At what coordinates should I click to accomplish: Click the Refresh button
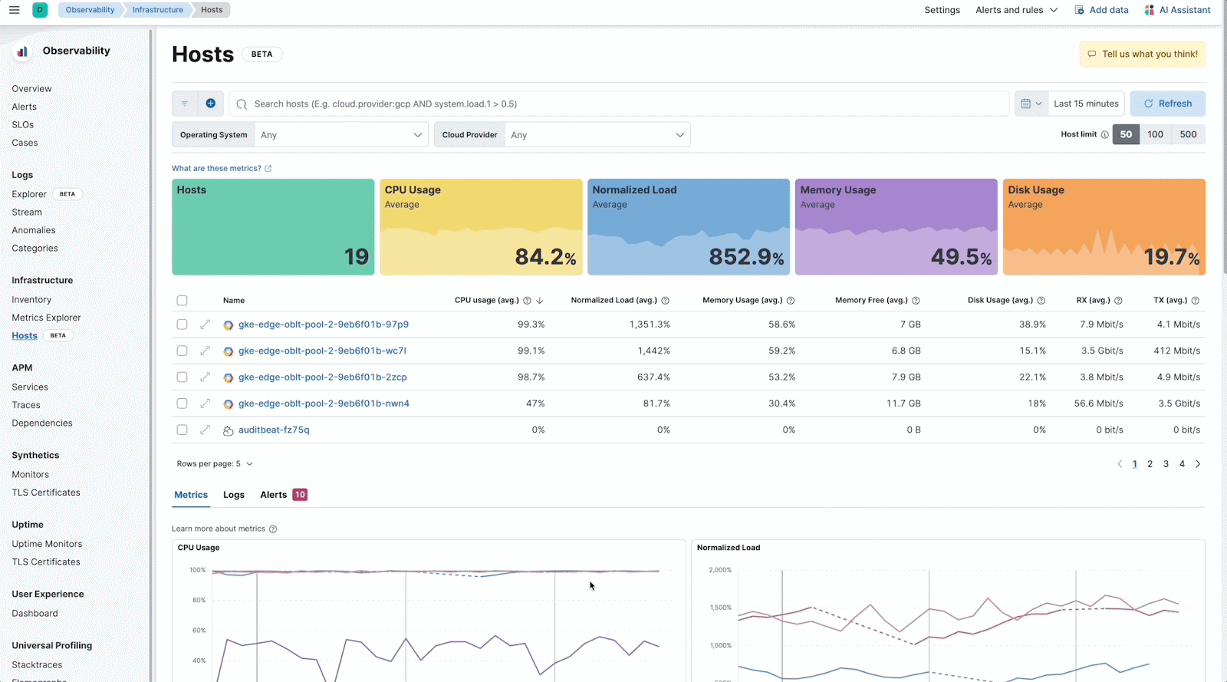point(1167,104)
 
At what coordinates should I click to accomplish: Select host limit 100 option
point(1155,134)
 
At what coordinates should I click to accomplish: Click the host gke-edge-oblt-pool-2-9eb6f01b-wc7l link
point(322,351)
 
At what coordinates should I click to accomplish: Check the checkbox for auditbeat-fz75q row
point(182,430)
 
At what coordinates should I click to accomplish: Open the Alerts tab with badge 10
point(283,495)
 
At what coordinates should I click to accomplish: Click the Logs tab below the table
point(234,495)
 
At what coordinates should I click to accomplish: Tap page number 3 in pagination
point(1166,464)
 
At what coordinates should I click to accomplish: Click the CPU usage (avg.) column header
point(486,300)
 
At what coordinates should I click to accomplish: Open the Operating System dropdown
point(341,135)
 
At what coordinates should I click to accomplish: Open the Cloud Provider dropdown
point(597,135)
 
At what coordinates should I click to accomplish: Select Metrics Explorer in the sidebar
point(46,318)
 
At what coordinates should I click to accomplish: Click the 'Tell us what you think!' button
point(1142,54)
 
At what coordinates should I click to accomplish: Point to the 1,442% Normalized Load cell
point(653,351)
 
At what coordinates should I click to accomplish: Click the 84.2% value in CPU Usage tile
point(544,257)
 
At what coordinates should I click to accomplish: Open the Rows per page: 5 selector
point(215,464)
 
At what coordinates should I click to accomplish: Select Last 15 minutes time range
point(1085,104)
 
